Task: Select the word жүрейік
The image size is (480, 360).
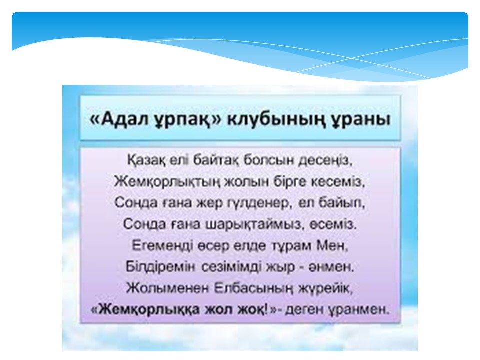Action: coord(326,288)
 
